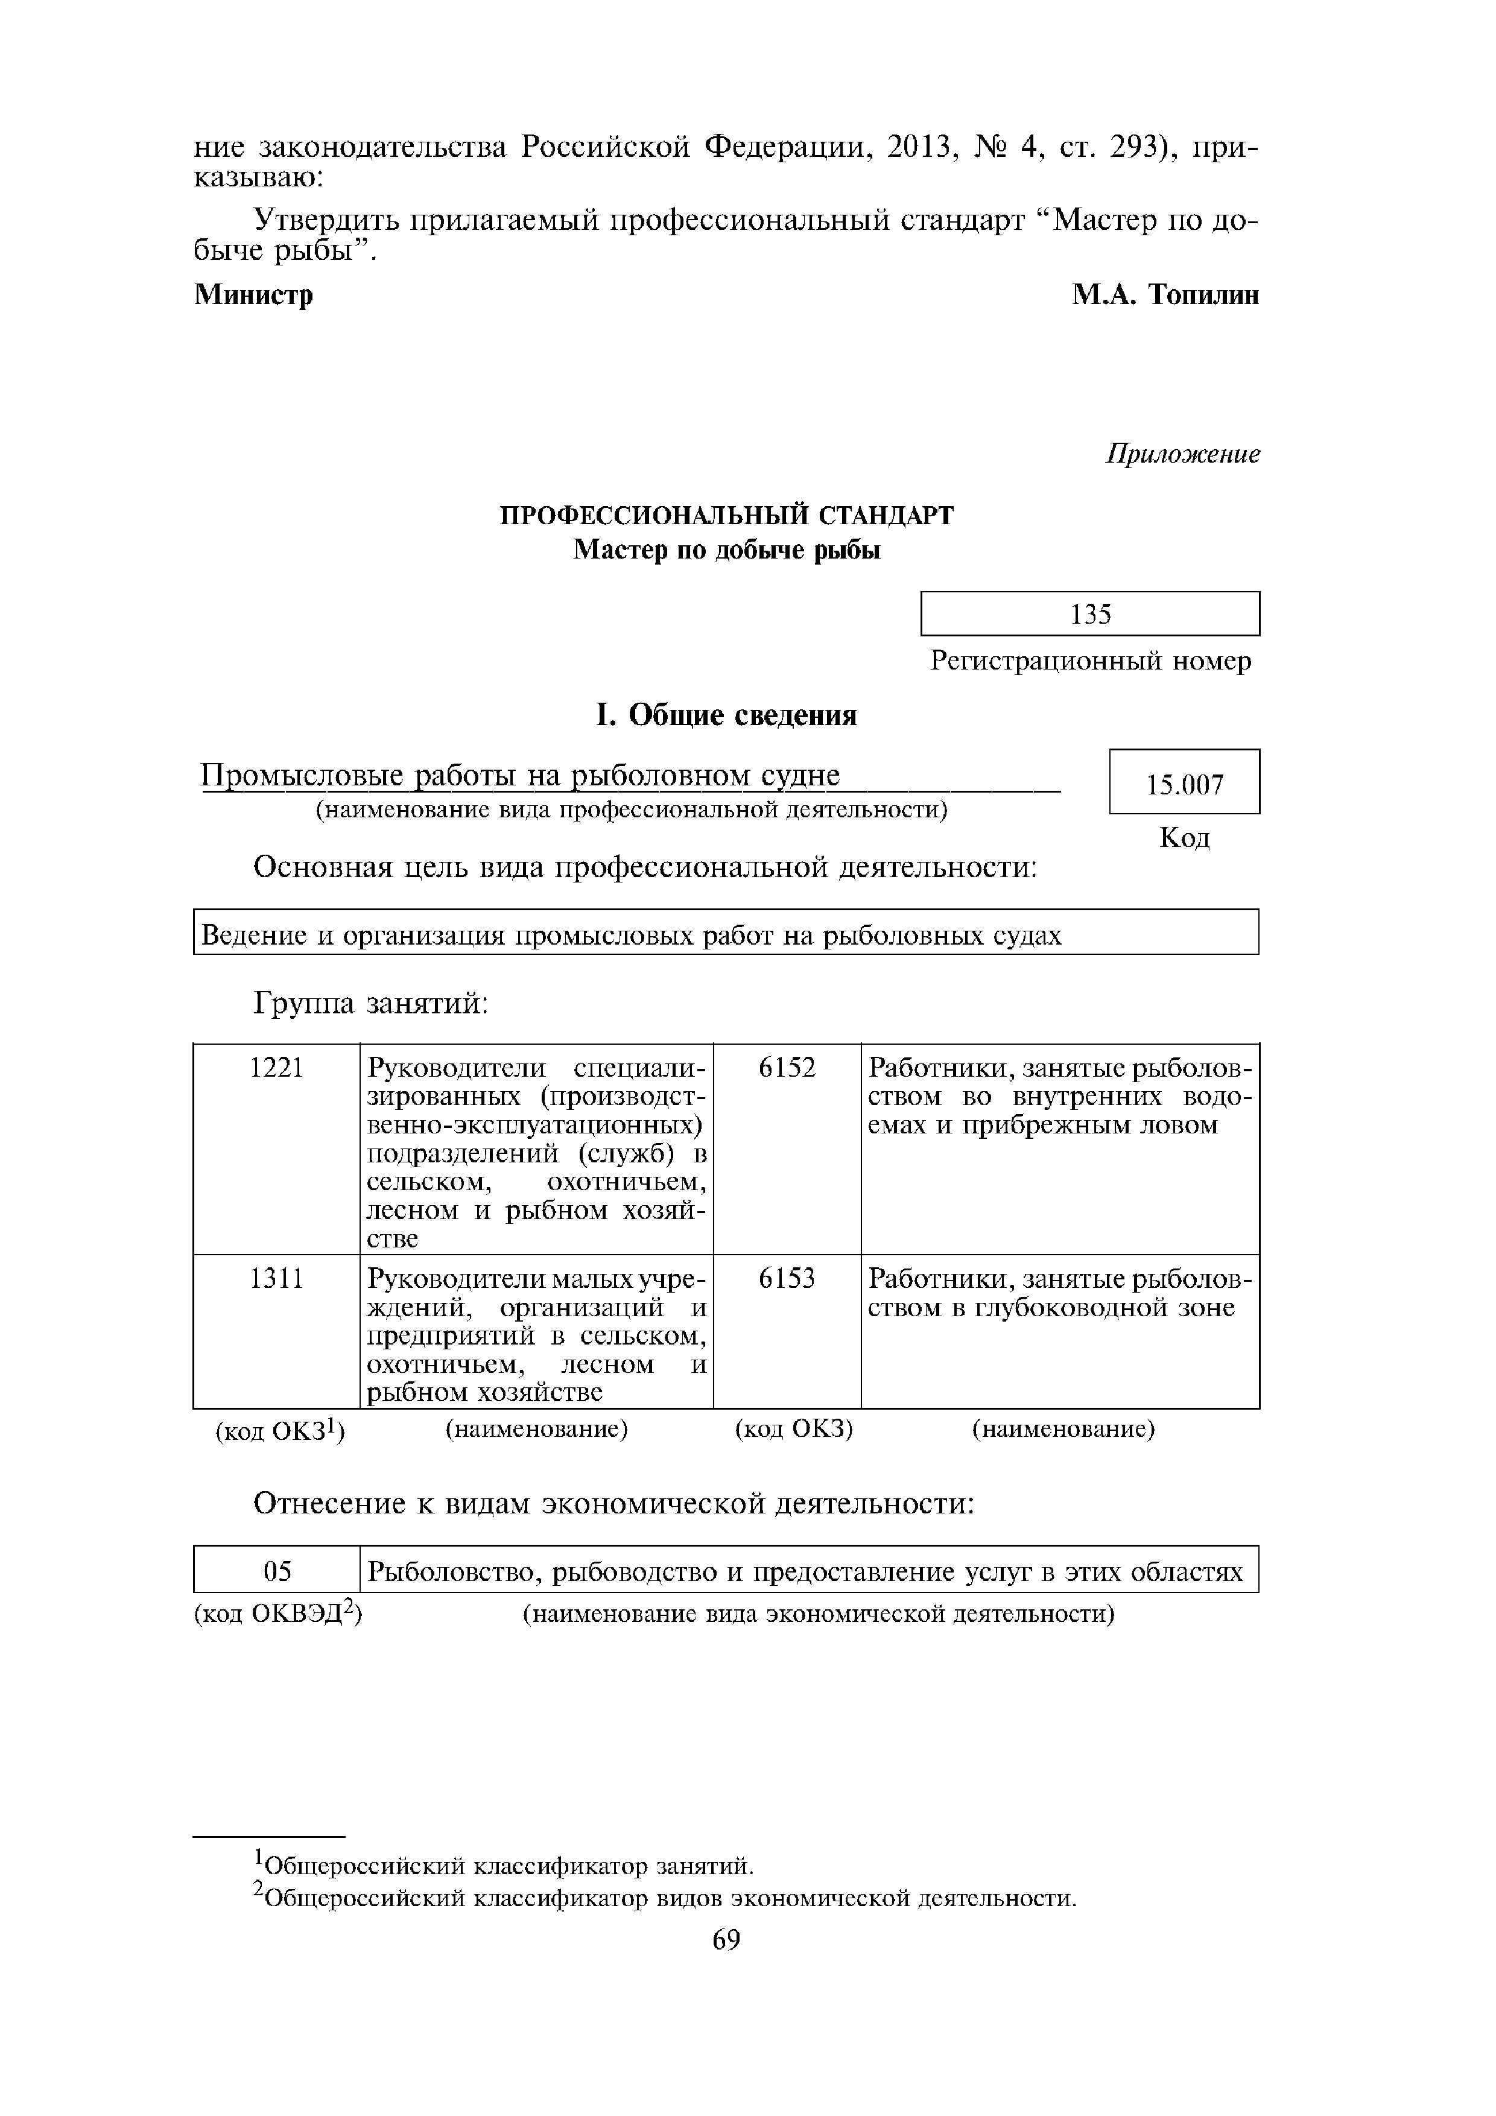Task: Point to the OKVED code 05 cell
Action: coord(276,1573)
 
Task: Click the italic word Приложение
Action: coord(1182,454)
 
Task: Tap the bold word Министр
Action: coord(253,296)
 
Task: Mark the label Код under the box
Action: coord(1185,838)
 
